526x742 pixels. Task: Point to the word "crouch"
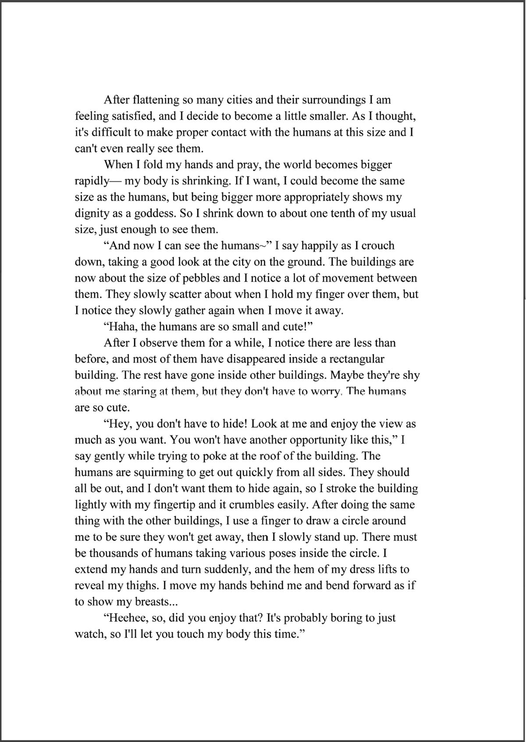pos(378,246)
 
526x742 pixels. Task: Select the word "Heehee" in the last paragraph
pos(123,618)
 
